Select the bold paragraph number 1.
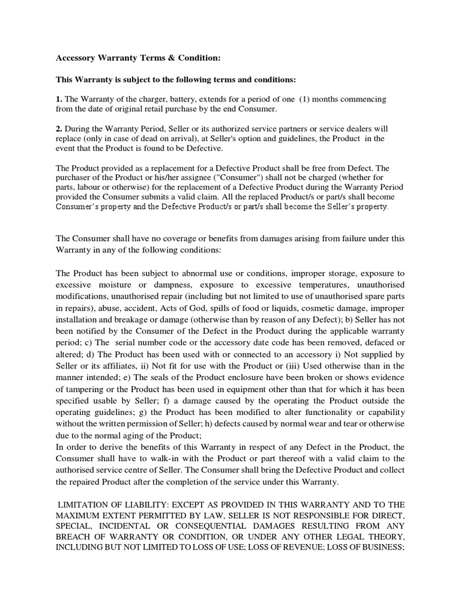tap(58, 98)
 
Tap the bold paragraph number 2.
tap(58, 129)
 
